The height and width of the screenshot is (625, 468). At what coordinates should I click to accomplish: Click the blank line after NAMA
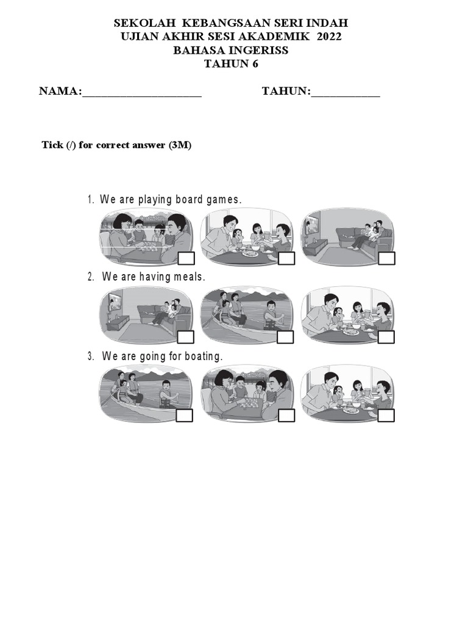pos(141,92)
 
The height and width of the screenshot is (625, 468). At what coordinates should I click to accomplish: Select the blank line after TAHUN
pos(345,92)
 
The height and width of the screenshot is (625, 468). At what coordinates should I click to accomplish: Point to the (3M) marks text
pos(180,145)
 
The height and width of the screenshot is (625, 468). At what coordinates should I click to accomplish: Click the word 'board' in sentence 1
pos(190,200)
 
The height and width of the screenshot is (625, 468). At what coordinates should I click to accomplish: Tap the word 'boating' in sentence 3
pos(200,356)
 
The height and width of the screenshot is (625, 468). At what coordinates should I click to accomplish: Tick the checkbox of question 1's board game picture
pos(186,258)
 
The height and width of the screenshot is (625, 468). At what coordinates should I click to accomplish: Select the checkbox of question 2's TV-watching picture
pos(186,337)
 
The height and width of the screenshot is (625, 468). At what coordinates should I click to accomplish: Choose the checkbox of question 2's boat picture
pos(286,337)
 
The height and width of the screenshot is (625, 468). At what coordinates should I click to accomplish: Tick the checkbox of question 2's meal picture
pos(386,337)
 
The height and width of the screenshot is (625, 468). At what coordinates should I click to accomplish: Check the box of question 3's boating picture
pos(185,416)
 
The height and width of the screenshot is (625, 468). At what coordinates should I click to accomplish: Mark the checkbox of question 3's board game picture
pos(286,416)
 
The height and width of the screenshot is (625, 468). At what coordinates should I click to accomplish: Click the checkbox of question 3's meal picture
pos(386,416)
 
